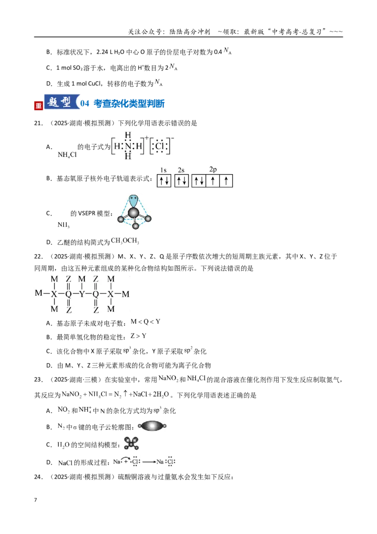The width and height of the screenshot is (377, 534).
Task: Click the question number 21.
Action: click(x=38, y=123)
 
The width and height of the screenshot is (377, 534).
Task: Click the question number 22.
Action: click(x=38, y=257)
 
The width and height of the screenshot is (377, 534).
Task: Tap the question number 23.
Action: click(x=38, y=380)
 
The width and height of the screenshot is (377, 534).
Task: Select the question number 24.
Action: click(x=38, y=477)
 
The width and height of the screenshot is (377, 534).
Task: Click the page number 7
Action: click(x=35, y=500)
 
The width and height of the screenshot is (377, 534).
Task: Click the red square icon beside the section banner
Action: click(x=39, y=105)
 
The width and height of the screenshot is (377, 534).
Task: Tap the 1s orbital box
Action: click(x=164, y=181)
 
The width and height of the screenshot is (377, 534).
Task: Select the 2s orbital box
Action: click(x=181, y=181)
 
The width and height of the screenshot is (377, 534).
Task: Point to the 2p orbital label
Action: click(x=213, y=169)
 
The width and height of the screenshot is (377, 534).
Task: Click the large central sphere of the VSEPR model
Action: click(x=133, y=213)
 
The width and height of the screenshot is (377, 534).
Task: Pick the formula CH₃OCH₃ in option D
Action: click(x=125, y=241)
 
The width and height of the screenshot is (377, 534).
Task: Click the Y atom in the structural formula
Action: click(x=82, y=293)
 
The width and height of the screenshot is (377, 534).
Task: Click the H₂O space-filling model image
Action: click(x=131, y=443)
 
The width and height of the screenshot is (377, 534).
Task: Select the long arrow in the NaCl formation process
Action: click(x=149, y=462)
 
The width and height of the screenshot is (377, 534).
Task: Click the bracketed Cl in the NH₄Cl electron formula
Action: click(x=159, y=146)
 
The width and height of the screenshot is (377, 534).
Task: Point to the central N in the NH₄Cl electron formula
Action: click(x=128, y=146)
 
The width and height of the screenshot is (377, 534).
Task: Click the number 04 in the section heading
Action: click(x=85, y=103)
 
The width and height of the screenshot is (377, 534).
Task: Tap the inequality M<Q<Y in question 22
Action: click(x=145, y=322)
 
